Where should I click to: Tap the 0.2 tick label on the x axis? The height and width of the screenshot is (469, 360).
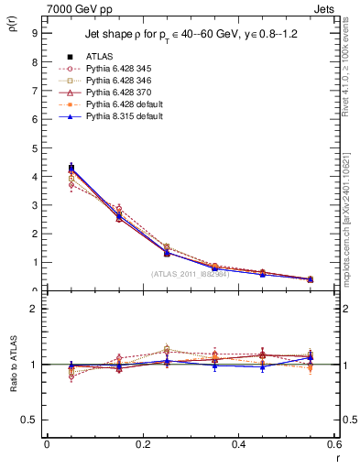coord(142,443)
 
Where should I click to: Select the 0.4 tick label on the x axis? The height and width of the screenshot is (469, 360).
coord(238,443)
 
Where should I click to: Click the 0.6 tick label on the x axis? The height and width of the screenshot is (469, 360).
coord(334,443)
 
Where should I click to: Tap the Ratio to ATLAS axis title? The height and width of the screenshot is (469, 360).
coord(13,381)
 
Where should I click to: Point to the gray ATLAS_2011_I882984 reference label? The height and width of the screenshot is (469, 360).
coord(191,274)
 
